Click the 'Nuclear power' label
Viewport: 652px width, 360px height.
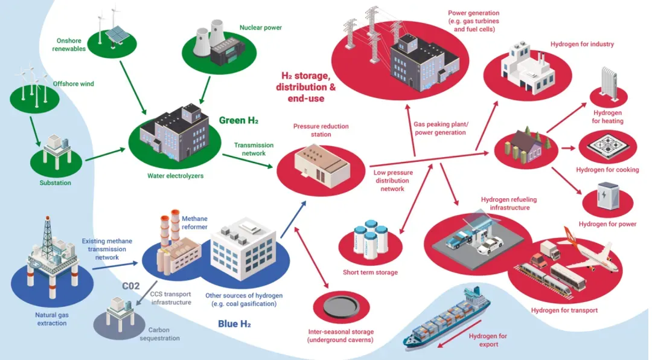point(260,27)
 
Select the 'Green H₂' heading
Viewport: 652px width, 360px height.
point(238,120)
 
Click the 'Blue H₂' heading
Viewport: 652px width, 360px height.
point(234,324)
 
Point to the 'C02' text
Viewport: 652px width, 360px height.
point(130,286)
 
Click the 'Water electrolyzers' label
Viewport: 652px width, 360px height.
point(175,176)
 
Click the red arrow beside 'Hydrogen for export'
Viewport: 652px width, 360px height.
point(459,333)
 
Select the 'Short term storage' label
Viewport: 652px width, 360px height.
point(370,272)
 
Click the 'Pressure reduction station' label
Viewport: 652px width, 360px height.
point(321,130)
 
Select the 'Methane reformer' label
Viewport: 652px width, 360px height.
point(194,223)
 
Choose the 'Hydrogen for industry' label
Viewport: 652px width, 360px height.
point(582,44)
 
